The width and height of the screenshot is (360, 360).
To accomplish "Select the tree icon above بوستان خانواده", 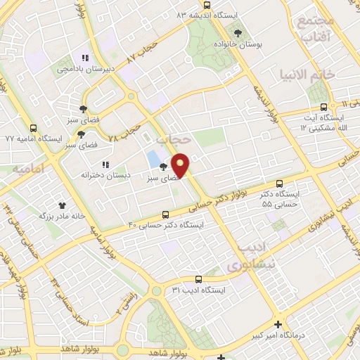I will click(238, 33).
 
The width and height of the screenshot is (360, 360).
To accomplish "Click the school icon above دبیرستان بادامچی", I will click(85, 58).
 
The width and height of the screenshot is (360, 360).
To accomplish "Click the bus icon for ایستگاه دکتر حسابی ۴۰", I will click(165, 214).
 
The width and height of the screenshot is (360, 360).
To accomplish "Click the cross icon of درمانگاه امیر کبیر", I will click(279, 325).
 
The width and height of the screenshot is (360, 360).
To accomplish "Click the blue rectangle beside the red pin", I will click(154, 159).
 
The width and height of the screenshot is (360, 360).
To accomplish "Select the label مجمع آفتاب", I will click(314, 28).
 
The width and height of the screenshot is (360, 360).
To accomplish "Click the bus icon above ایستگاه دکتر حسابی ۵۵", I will click(281, 182).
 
